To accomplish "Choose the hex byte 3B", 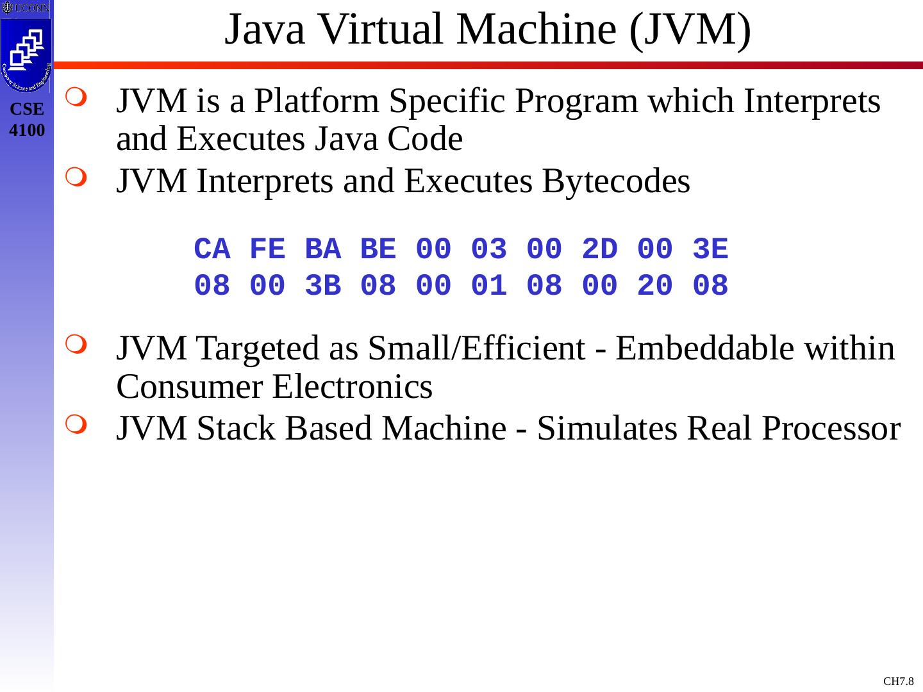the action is [x=322, y=286].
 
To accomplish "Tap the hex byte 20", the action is [x=655, y=286].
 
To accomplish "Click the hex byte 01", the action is [x=489, y=286].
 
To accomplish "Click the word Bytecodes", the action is [x=615, y=181].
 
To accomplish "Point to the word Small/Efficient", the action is [x=475, y=349].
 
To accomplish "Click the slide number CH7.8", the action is [x=898, y=681].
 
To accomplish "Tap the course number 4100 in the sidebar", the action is [x=28, y=131].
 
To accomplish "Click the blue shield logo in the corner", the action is [x=26, y=55].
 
